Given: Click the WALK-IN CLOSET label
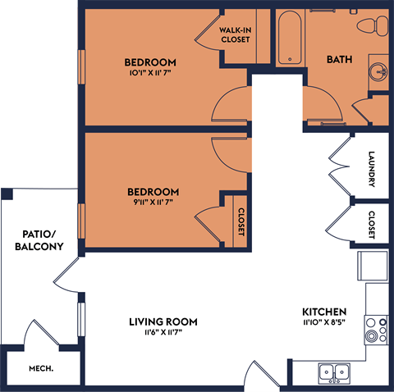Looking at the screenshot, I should (x=235, y=34).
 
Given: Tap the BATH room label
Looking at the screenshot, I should (x=339, y=59).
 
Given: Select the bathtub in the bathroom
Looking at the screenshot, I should (x=289, y=38).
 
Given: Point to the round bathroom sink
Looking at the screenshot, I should (x=379, y=68).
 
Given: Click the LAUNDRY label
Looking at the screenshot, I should (x=372, y=169).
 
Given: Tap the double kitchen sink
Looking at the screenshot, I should (x=334, y=371).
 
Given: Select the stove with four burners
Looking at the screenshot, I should (x=377, y=329).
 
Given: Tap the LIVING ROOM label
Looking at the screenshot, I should (x=165, y=321).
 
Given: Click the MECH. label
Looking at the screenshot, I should (x=42, y=369).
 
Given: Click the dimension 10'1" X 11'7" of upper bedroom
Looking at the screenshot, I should (x=150, y=73).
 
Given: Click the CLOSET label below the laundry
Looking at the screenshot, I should (x=372, y=225).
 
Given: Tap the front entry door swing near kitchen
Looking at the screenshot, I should (x=264, y=374).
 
